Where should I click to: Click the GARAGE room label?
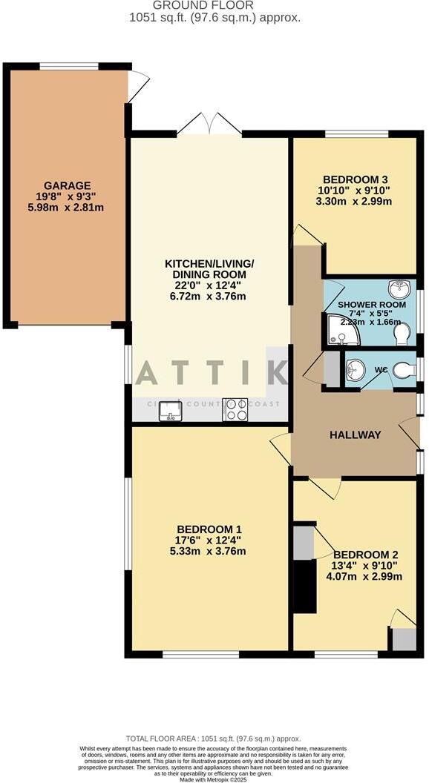pyautogui.click(x=66, y=185)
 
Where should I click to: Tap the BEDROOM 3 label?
pyautogui.click(x=356, y=179)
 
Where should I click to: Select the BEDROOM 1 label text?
pyautogui.click(x=209, y=529)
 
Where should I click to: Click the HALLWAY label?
pyautogui.click(x=355, y=435)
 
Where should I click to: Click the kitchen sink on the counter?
pyautogui.click(x=170, y=410)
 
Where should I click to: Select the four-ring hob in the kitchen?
pyautogui.click(x=236, y=410)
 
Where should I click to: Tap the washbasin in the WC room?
pyautogui.click(x=356, y=369)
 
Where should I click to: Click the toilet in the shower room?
pyautogui.click(x=403, y=335)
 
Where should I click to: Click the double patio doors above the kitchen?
pyautogui.click(x=210, y=123)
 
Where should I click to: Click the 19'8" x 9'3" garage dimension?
pyautogui.click(x=66, y=196)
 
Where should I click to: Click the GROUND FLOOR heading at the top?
pyautogui.click(x=215, y=5)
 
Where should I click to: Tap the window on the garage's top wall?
pyautogui.click(x=69, y=67)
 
